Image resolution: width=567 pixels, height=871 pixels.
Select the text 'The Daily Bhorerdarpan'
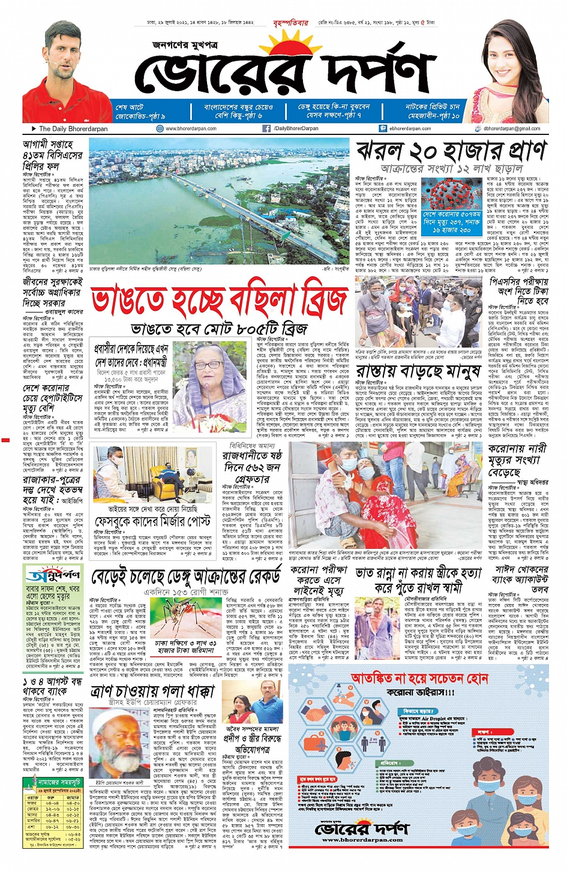[x=73, y=128]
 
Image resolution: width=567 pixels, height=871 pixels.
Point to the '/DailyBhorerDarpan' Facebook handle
[x=296, y=128]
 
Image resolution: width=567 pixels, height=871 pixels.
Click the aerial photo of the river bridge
[x=219, y=201]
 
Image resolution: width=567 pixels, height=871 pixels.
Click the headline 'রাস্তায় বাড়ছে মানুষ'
[x=418, y=371]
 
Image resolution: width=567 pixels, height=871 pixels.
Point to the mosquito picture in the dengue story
[x=185, y=618]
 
